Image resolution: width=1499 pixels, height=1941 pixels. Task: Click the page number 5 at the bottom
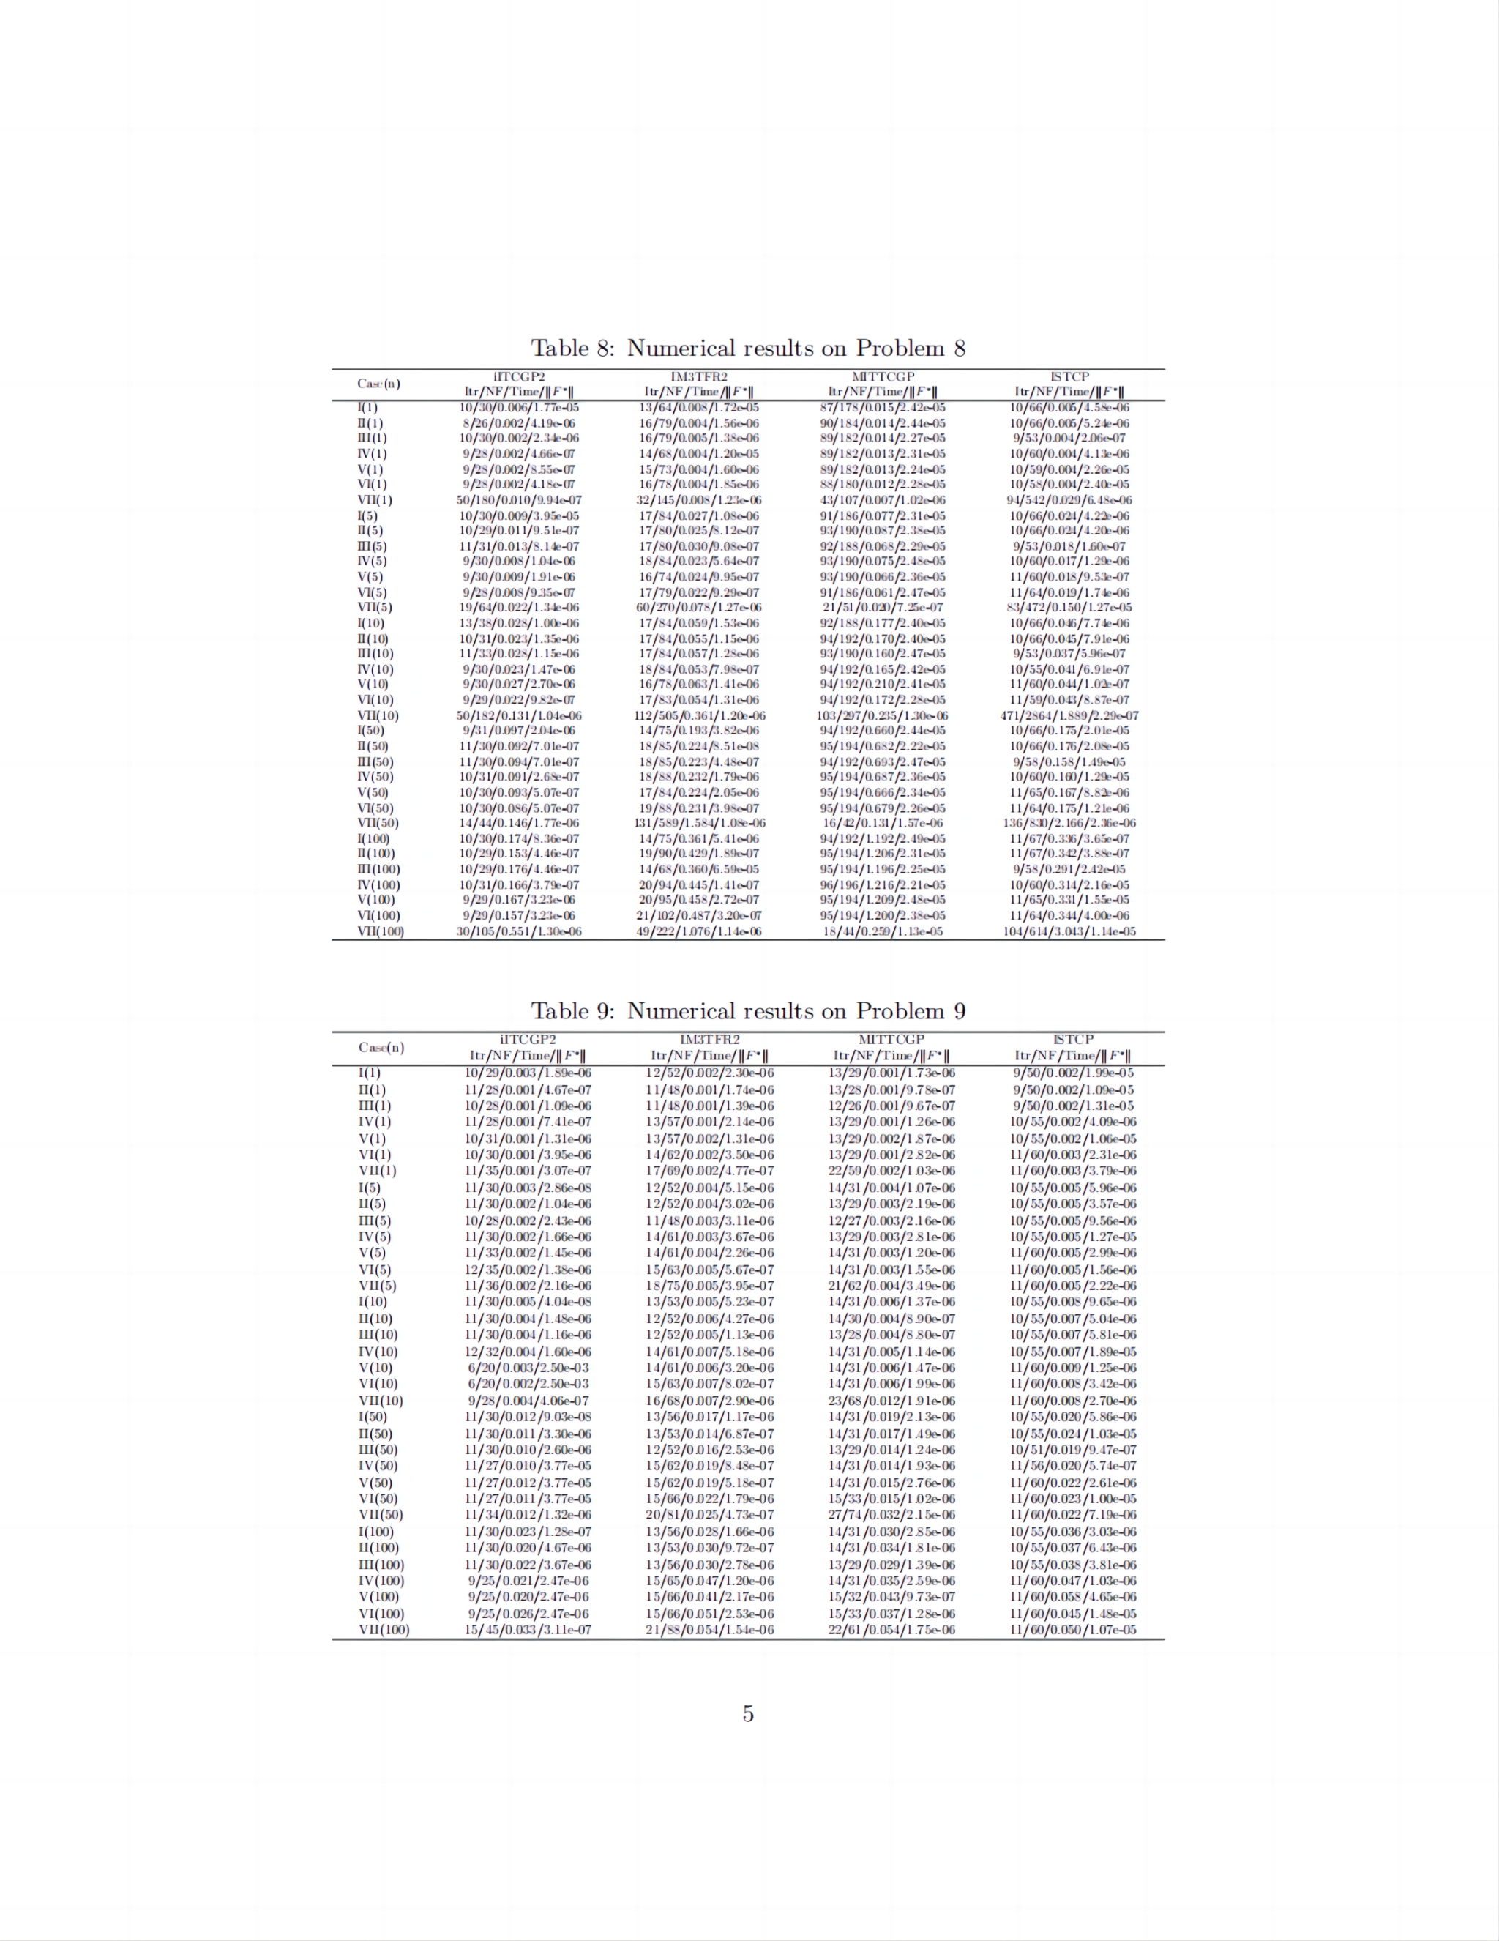(x=748, y=1713)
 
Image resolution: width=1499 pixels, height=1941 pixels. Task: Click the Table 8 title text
(x=748, y=348)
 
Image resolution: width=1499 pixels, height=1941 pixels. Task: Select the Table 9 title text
(x=748, y=1010)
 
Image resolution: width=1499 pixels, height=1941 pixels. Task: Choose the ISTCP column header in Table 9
(x=1072, y=1039)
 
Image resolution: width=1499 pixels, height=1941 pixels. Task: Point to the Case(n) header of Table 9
(x=381, y=1047)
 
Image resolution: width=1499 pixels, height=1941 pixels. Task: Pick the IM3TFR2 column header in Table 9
(x=709, y=1039)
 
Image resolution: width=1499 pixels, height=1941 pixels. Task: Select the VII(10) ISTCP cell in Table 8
(x=1069, y=715)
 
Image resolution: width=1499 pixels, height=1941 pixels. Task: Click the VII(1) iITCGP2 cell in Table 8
(x=519, y=500)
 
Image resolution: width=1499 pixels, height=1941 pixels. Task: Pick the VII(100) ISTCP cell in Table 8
(x=1069, y=931)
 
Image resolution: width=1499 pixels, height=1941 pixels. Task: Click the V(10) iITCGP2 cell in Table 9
(x=528, y=1368)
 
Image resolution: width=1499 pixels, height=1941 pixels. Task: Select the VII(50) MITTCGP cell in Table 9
(x=891, y=1514)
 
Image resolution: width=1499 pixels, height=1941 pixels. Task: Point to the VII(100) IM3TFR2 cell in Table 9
(x=709, y=1630)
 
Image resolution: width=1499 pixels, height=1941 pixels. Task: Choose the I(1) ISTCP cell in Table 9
(x=1072, y=1073)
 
